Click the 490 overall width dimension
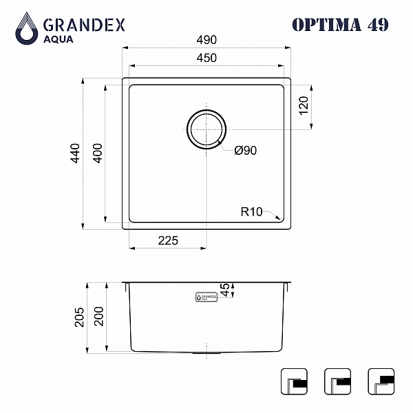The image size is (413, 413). point(206,40)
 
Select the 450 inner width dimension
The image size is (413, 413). point(206,58)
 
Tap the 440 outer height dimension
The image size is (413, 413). point(75,153)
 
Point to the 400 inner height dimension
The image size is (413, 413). point(98,153)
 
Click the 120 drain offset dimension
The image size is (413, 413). point(304,105)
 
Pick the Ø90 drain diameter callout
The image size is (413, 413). point(245,150)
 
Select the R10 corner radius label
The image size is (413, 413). point(251,212)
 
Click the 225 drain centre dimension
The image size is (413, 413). point(168,240)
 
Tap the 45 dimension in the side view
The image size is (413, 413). point(226,290)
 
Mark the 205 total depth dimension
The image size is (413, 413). point(79,317)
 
